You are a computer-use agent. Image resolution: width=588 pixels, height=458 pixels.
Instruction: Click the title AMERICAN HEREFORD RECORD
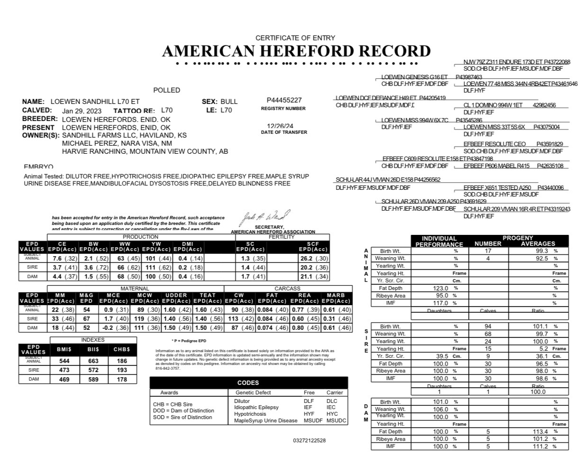[296, 51]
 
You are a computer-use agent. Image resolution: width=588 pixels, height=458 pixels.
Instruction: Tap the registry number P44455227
[284, 100]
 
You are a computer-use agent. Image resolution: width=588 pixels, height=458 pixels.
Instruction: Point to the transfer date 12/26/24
[280, 126]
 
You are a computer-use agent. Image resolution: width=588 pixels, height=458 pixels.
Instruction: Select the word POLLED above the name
[167, 90]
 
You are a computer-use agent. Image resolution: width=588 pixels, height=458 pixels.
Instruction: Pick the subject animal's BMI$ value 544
[64, 360]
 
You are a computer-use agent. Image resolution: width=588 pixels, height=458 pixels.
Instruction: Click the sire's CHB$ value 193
[122, 370]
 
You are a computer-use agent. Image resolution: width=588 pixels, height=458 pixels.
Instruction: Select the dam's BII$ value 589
[93, 379]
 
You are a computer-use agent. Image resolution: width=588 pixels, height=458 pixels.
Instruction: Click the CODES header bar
[248, 383]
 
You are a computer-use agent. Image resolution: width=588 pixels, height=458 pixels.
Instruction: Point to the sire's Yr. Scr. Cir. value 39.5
[441, 356]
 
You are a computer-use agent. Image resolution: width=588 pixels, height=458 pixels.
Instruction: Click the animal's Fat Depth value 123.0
[441, 288]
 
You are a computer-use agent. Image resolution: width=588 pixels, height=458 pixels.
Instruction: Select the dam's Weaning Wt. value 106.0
[441, 409]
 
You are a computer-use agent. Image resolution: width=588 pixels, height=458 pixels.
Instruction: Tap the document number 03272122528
[309, 440]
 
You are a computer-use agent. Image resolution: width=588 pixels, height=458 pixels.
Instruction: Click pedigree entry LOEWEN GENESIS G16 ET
[414, 77]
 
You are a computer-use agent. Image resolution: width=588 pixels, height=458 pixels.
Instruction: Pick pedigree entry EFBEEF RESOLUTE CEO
[495, 144]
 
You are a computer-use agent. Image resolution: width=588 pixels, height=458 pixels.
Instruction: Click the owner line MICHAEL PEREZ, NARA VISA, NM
[117, 143]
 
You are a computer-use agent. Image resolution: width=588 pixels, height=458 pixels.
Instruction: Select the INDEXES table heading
[93, 340]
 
